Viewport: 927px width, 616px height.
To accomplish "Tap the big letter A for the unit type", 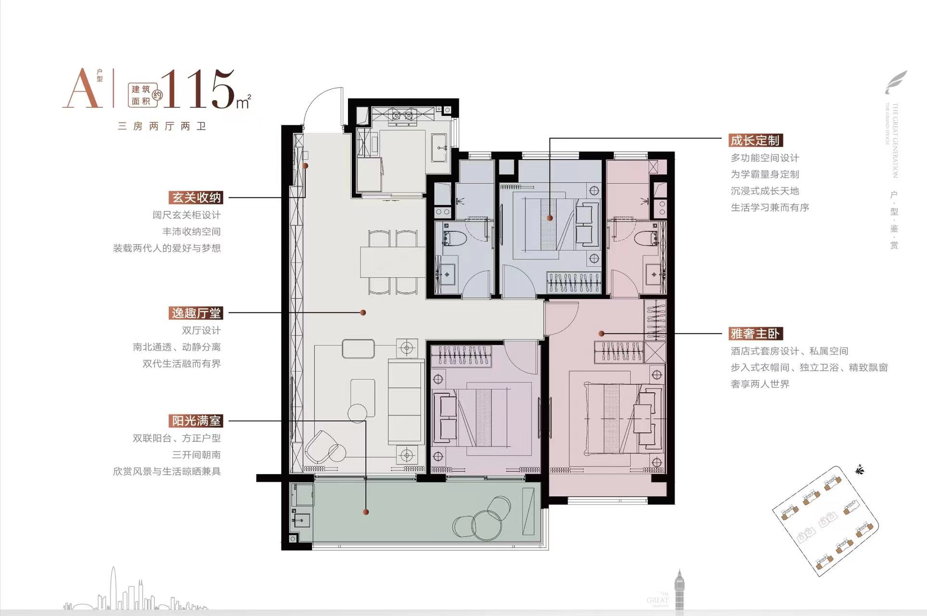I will coord(82,89).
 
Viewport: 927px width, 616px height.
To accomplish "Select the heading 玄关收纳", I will coord(196,198).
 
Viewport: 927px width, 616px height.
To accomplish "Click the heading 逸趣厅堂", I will coord(196,313).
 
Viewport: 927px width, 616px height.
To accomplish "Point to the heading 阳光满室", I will coord(196,421).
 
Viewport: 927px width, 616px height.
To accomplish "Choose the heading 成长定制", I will coord(755,141).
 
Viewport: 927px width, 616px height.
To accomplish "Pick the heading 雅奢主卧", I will coord(755,334).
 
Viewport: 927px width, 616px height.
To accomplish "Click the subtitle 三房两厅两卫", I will coord(162,126).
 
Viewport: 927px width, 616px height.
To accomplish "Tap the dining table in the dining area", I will coord(392,262).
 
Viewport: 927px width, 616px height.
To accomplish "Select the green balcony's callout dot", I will coord(366,512).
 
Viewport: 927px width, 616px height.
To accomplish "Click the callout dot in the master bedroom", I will coord(601,333).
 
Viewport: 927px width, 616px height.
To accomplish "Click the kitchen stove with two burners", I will coord(403,115).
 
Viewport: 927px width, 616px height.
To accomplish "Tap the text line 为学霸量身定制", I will coord(764,174).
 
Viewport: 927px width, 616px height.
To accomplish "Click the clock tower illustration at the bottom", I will coord(679,592).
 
